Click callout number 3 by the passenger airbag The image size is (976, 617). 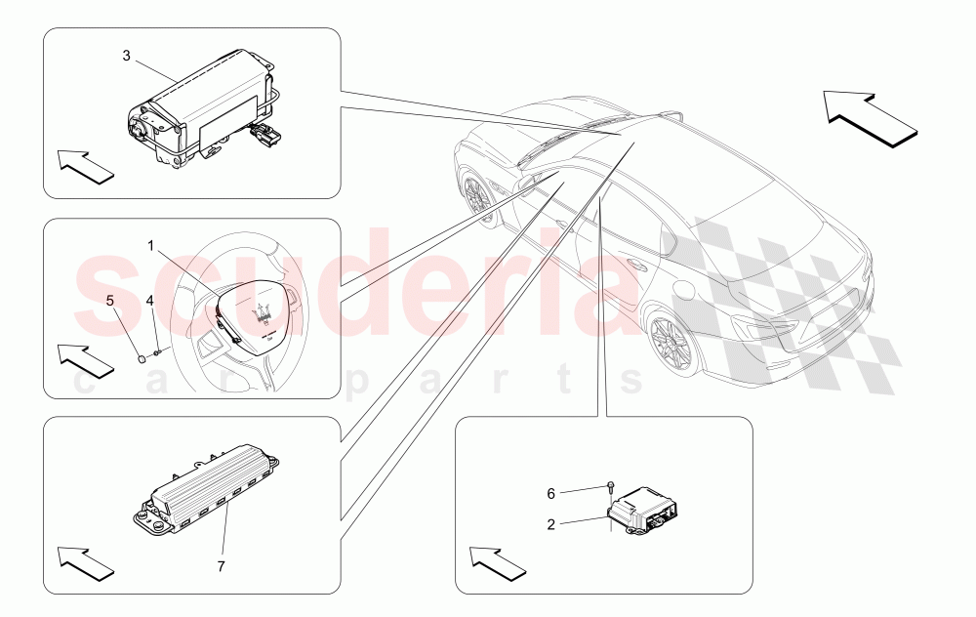coord(126,55)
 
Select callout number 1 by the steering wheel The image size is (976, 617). coord(151,245)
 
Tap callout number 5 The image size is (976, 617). coord(110,301)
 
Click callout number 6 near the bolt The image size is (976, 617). coord(551,494)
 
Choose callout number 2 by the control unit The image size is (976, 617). coord(551,524)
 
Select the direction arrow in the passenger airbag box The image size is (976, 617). coord(86,165)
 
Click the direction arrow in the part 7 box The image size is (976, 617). coord(86,562)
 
